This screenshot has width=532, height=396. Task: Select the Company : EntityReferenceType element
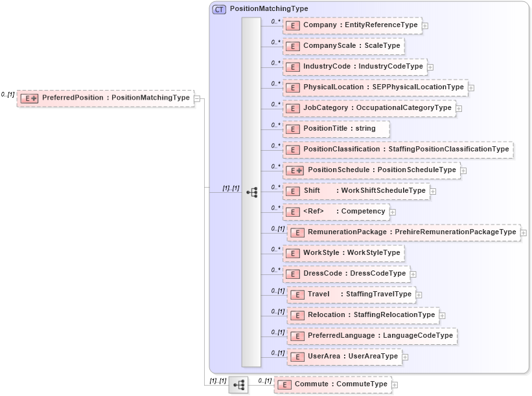point(352,25)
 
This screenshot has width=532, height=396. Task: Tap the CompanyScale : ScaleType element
point(343,46)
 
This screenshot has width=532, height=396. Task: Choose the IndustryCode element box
point(354,67)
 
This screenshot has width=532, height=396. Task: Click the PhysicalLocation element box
point(375,87)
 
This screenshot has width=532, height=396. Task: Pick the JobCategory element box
point(369,108)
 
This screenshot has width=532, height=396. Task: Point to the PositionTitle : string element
point(336,129)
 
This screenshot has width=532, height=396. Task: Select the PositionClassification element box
point(398,149)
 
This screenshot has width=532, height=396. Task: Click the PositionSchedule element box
point(371,170)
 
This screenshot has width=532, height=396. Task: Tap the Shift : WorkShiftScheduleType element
point(356,191)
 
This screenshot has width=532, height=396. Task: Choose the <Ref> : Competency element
point(336,212)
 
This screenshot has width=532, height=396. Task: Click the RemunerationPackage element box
point(403,232)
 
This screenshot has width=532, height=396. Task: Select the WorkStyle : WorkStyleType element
point(343,253)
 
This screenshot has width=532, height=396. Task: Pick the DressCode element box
point(346,274)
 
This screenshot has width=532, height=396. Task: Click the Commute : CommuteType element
point(332,384)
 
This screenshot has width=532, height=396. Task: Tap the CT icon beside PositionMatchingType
point(219,10)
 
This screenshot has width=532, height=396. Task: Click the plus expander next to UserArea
point(405,357)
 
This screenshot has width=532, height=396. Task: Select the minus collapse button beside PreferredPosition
point(197,98)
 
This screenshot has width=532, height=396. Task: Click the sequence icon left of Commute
point(238,384)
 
